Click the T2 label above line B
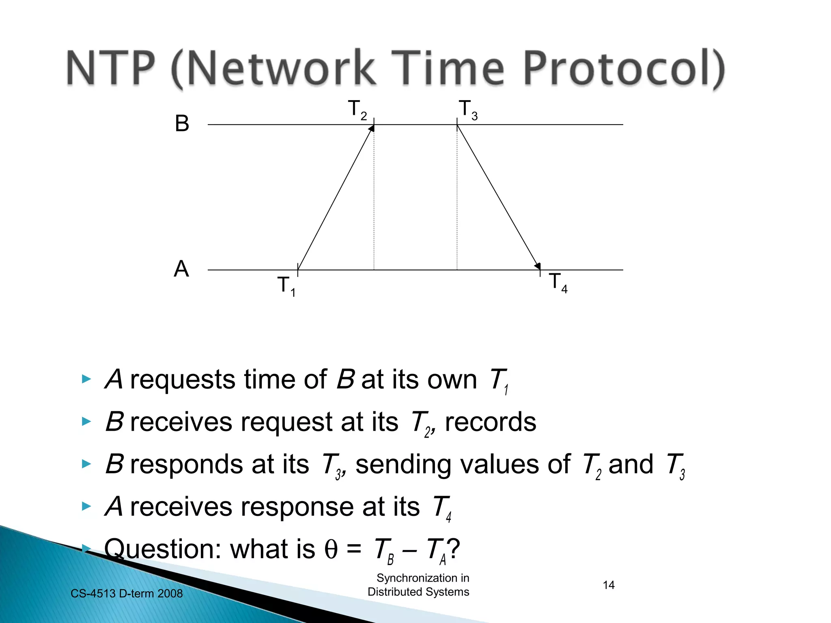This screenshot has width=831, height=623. (357, 110)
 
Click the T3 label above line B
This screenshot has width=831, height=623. (468, 110)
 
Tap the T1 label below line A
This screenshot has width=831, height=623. (286, 286)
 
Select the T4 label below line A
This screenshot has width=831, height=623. (558, 282)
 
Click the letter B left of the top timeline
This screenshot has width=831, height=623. (182, 123)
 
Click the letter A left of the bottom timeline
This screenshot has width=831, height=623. (181, 269)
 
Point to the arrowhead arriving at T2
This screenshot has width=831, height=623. (371, 129)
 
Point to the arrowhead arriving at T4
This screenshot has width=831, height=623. (538, 266)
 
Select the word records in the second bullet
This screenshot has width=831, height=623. (490, 422)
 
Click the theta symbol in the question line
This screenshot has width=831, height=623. (331, 550)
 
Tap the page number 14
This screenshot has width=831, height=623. (608, 585)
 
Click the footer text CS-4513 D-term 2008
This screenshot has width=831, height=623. (127, 593)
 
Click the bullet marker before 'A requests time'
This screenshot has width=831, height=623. (86, 380)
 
